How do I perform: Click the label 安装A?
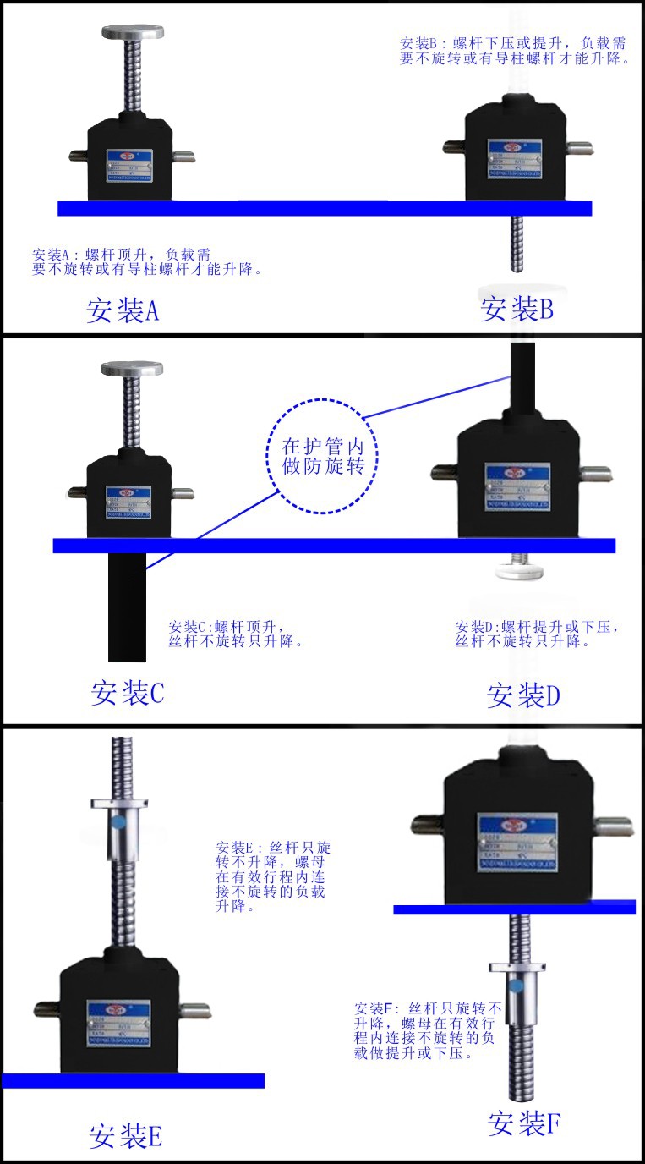pyautogui.click(x=123, y=310)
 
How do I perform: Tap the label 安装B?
pyautogui.click(x=517, y=308)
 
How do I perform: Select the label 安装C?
pyautogui.click(x=128, y=693)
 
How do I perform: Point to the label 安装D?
pyautogui.click(x=523, y=695)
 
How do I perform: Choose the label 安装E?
pyautogui.click(x=126, y=1135)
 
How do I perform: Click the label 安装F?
pyautogui.click(x=524, y=1123)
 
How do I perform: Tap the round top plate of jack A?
pyautogui.click(x=132, y=32)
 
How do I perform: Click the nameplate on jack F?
pyautogui.click(x=517, y=838)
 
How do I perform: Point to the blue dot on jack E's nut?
pyautogui.click(x=118, y=821)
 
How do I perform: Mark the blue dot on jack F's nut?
pyautogui.click(x=516, y=983)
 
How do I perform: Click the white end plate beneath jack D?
pyautogui.click(x=521, y=570)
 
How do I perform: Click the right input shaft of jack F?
pyautogui.click(x=612, y=826)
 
